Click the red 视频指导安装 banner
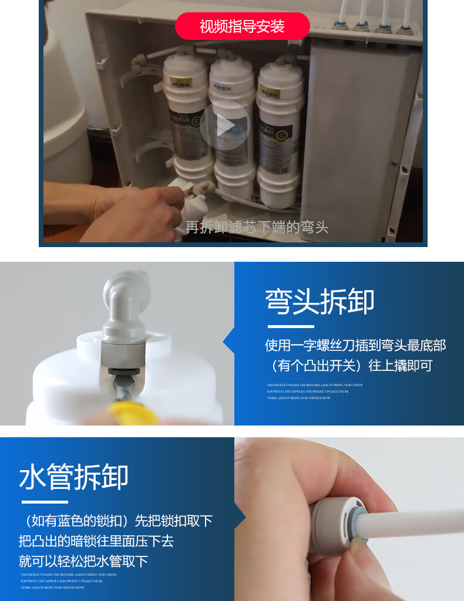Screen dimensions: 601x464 (242, 26)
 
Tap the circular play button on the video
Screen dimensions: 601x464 (224, 125)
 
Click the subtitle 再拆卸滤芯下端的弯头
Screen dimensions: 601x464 (257, 227)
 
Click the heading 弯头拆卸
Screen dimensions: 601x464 (320, 302)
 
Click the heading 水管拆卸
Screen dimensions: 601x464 (73, 477)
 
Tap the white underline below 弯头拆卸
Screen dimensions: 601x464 (290, 326)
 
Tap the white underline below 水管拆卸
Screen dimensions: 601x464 (45, 502)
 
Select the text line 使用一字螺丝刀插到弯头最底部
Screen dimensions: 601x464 (355, 345)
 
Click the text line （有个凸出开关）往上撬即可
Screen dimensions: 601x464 (351, 366)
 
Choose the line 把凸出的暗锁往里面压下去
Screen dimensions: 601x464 (96, 541)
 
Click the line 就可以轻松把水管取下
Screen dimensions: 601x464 (83, 561)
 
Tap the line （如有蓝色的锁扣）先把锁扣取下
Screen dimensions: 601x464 (115, 521)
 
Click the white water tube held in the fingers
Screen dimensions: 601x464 (417, 524)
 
